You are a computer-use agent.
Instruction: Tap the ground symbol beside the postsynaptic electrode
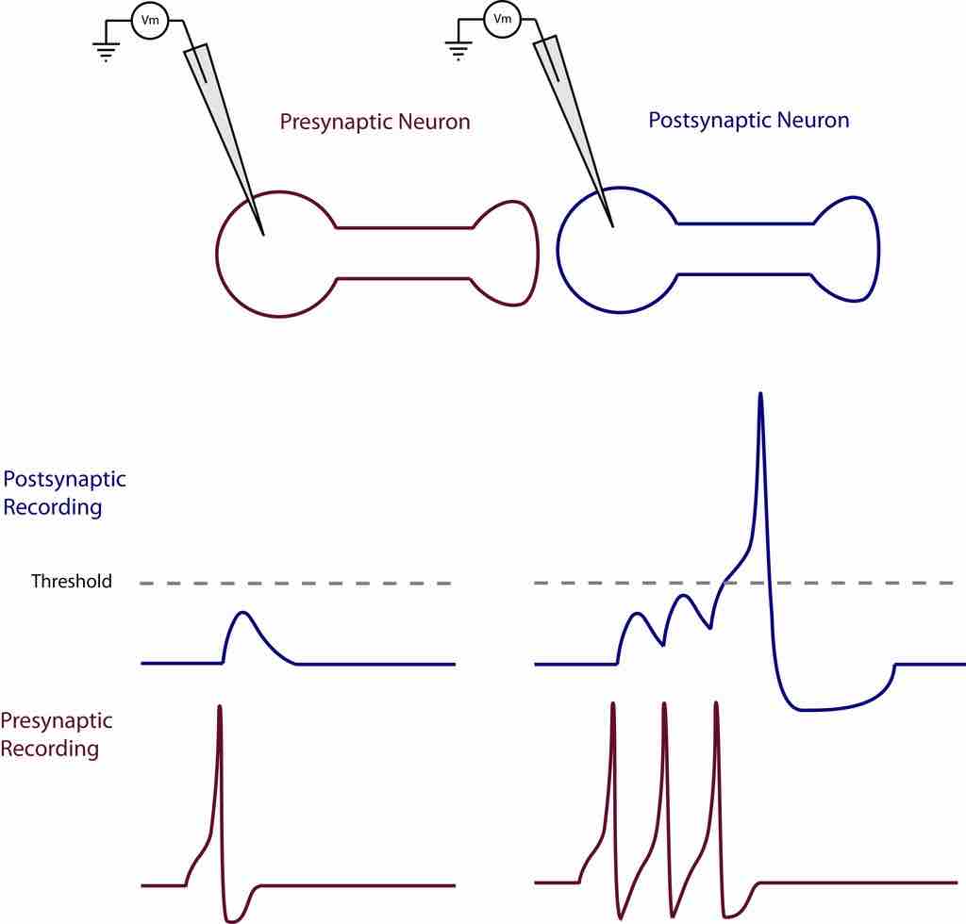(x=458, y=50)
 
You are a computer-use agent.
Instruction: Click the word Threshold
(x=72, y=582)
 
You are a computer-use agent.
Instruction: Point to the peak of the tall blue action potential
(x=760, y=394)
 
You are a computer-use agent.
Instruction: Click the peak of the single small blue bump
(x=243, y=614)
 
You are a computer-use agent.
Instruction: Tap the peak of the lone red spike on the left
(x=220, y=706)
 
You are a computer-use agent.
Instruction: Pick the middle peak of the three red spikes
(x=665, y=703)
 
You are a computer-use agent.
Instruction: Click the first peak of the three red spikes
(x=613, y=703)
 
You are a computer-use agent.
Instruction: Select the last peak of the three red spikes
(x=717, y=703)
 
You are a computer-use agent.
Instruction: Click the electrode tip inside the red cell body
(x=263, y=234)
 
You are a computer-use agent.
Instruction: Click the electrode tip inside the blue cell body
(x=613, y=226)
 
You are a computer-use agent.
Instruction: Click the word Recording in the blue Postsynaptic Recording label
(x=53, y=507)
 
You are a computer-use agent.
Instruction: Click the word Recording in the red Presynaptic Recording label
(x=49, y=750)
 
